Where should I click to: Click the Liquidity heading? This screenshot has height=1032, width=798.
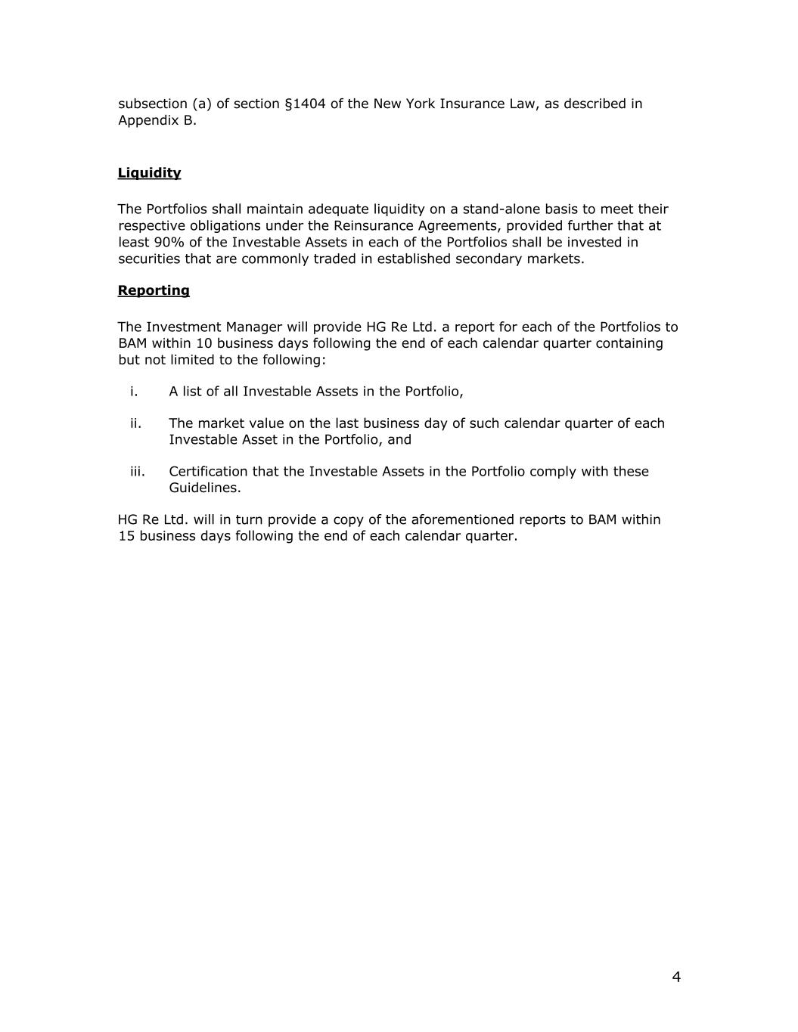coord(149,172)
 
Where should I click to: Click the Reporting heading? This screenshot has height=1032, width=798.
coord(154,290)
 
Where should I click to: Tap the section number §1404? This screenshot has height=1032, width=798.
coord(305,104)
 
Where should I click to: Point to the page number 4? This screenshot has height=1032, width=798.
coord(676,977)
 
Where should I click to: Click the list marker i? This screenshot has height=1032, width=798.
coord(134,391)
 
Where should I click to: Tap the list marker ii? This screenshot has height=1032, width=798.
coord(135,423)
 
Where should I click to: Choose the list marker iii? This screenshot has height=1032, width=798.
coord(137,471)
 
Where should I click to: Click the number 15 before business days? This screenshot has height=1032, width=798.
coord(126,536)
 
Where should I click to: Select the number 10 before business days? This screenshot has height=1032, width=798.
coord(204,343)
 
